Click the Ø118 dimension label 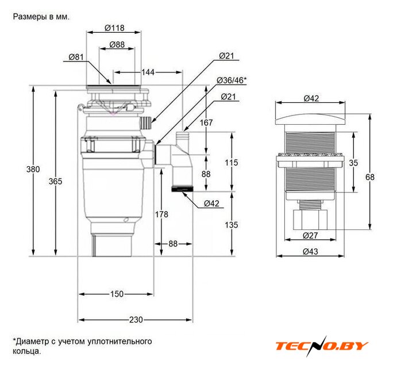(114, 28)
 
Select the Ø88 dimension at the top (117, 44)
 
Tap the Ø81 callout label (76, 57)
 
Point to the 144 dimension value (148, 72)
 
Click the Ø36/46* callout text (232, 80)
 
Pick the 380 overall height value (33, 169)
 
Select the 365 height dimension (55, 181)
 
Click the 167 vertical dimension (206, 122)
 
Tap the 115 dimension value (231, 162)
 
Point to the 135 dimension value (231, 225)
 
